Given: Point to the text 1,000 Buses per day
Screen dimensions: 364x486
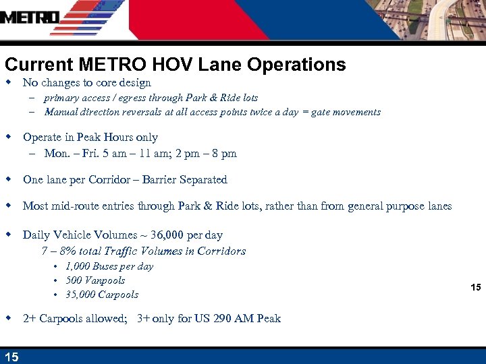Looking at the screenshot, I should tap(109, 266).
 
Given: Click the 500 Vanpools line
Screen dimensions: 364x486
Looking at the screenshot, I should tap(95, 280).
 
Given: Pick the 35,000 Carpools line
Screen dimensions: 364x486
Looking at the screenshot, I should tap(102, 295).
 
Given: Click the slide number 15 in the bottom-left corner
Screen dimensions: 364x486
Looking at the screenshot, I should tap(11, 357).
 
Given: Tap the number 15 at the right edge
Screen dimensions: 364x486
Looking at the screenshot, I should tap(475, 288).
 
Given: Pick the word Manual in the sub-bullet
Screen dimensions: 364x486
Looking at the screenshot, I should tap(61, 113).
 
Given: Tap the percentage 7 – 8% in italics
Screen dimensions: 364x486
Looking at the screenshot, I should tap(59, 251).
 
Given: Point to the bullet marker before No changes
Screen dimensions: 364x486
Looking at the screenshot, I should tap(9, 82).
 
